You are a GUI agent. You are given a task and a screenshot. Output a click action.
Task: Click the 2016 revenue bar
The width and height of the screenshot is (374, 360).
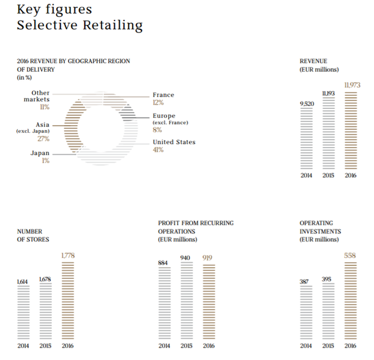click(351, 130)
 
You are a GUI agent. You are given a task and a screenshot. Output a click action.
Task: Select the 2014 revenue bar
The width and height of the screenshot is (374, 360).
click(306, 138)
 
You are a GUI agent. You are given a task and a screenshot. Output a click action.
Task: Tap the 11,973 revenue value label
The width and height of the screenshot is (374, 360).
click(351, 84)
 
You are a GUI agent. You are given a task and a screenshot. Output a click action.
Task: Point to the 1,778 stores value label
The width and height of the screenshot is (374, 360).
click(68, 256)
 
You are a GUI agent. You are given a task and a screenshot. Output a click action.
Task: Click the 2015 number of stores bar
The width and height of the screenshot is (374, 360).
click(45, 313)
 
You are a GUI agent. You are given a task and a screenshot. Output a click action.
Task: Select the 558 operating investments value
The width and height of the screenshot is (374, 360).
click(350, 256)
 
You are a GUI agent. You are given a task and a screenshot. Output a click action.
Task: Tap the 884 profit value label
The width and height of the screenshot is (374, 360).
click(164, 262)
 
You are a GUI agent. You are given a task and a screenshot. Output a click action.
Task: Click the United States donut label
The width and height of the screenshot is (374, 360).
click(174, 142)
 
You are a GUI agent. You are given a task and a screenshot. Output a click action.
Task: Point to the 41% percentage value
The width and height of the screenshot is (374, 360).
click(158, 150)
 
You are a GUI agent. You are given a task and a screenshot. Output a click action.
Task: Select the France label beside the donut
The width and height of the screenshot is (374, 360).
click(163, 95)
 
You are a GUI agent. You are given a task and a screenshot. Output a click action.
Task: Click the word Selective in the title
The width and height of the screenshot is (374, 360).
click(44, 26)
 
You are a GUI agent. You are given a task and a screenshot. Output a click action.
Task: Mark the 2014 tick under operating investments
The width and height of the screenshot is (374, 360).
click(306, 346)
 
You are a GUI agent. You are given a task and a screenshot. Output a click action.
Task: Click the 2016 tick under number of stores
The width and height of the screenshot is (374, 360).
click(68, 346)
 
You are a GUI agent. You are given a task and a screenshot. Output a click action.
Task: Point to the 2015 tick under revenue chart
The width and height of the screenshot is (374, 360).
click(328, 176)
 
